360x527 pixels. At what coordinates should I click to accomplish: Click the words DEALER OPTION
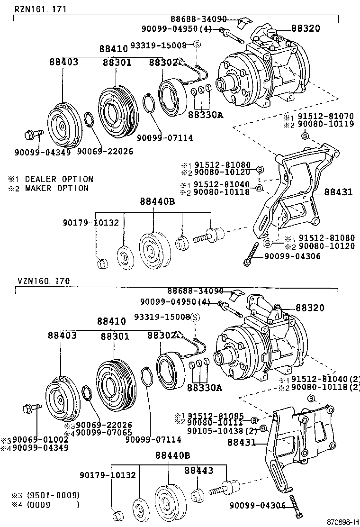coord(59,179)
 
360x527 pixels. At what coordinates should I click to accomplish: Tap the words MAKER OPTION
coord(56,188)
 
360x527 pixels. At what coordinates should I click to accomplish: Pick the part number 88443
coord(199,470)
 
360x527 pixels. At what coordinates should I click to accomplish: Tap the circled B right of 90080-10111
coord(254,420)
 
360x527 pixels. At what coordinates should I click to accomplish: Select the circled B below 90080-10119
coord(305,136)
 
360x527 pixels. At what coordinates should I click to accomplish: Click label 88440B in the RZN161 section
coord(157,202)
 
